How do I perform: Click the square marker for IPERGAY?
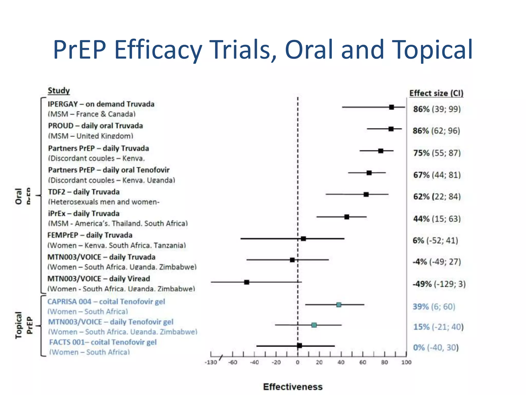pyautogui.click(x=391, y=107)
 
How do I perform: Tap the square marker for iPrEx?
pyautogui.click(x=347, y=217)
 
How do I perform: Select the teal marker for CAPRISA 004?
pyautogui.click(x=339, y=305)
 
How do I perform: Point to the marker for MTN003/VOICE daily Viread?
pyautogui.click(x=247, y=282)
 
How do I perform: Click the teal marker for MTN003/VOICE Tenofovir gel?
pyautogui.click(x=314, y=325)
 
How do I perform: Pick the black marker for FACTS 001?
pyautogui.click(x=299, y=345)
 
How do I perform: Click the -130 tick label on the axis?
pyautogui.click(x=211, y=362)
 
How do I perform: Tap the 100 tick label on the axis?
pyautogui.click(x=406, y=362)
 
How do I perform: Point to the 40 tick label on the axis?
pyautogui.click(x=341, y=362)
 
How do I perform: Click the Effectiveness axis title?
pyautogui.click(x=293, y=387)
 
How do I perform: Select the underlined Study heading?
pyautogui.click(x=59, y=91)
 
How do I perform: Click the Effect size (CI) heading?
pyautogui.click(x=436, y=93)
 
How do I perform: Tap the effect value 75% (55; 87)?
pyautogui.click(x=437, y=153)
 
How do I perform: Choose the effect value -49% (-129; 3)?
pyautogui.click(x=439, y=284)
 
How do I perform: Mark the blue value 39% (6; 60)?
pyautogui.click(x=434, y=307)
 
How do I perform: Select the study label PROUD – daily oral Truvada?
pyautogui.click(x=96, y=126)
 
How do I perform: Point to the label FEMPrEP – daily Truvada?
pyautogui.click(x=90, y=235)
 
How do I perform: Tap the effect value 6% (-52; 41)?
pyautogui.click(x=435, y=240)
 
